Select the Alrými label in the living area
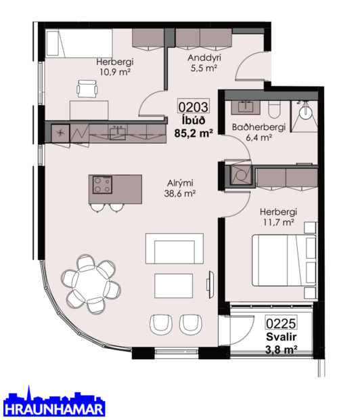(181, 183)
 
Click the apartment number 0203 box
(193, 106)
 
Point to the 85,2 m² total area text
(194, 133)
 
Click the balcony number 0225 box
(280, 324)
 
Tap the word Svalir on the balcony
(280, 337)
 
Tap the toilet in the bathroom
(275, 109)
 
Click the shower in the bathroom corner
(305, 110)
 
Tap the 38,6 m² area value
(181, 194)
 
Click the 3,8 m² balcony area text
(280, 350)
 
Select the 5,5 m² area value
(204, 68)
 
